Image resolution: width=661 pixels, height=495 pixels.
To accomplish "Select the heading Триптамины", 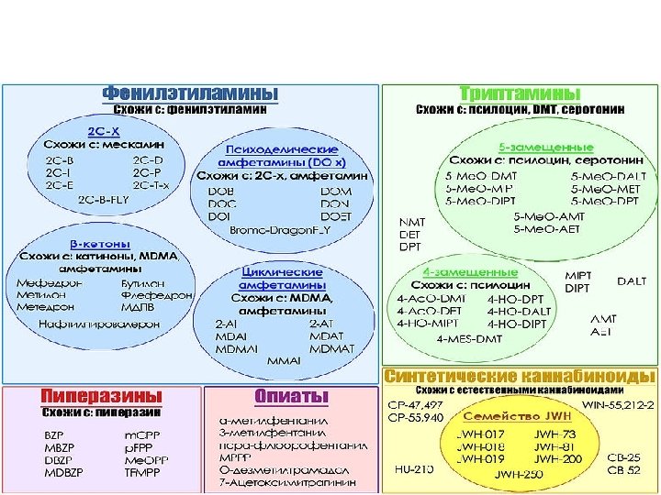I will [x=519, y=93].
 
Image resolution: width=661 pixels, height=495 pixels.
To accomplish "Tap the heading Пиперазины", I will [x=95, y=396].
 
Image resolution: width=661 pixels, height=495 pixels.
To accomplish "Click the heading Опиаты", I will [x=291, y=396].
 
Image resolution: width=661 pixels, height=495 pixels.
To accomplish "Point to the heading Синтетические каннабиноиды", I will [x=520, y=377].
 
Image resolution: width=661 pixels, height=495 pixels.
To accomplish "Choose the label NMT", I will [x=409, y=222].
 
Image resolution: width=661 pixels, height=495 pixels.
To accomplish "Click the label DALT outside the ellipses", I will [x=631, y=281].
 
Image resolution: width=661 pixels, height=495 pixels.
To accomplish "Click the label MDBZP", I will [x=65, y=473].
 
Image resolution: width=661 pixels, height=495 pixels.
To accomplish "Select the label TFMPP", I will [x=143, y=473].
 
